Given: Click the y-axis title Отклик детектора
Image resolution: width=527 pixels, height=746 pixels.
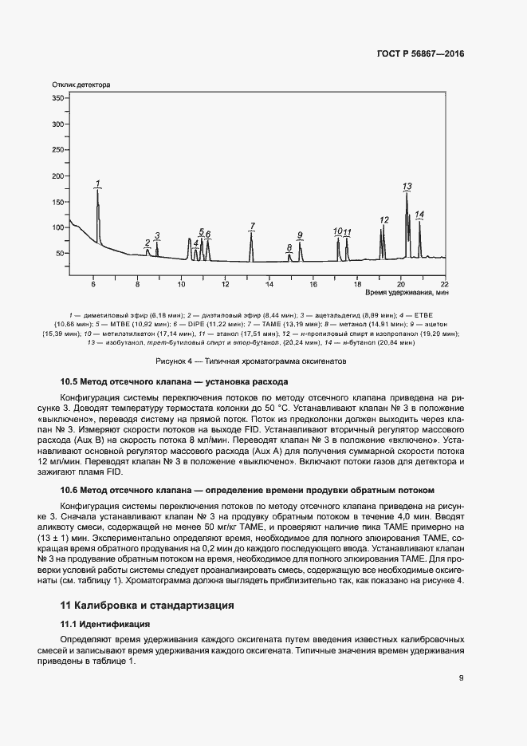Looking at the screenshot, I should pos(81,85).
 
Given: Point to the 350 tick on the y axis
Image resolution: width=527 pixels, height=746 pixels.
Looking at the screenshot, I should pos(57,98).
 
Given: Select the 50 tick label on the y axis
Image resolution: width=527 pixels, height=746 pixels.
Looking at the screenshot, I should pos(60,254).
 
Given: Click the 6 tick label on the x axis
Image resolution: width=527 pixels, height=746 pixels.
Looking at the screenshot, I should pos(93,284).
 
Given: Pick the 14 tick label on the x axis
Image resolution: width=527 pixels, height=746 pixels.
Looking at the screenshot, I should pos(269,284).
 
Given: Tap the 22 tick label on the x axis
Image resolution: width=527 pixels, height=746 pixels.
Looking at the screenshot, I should pos(444,284).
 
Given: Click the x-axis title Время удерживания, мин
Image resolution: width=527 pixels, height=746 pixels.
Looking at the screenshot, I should pos(407,294).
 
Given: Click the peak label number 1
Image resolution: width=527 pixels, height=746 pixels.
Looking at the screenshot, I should pos(97,184).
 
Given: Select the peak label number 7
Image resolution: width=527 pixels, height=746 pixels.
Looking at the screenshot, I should pos(252,227).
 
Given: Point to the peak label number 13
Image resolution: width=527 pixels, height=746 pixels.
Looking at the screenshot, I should pos(407,187).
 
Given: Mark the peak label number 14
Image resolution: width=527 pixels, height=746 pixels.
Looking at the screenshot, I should pos(419,215).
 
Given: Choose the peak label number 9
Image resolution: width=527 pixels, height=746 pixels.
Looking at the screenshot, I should pos(300,235).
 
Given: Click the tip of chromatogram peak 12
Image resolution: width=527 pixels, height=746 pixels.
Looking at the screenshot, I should pos(383,226).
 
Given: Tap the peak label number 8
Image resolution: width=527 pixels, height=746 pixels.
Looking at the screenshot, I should pos(289,248).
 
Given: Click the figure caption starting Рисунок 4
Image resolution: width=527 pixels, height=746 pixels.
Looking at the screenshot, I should pos(263,361).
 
